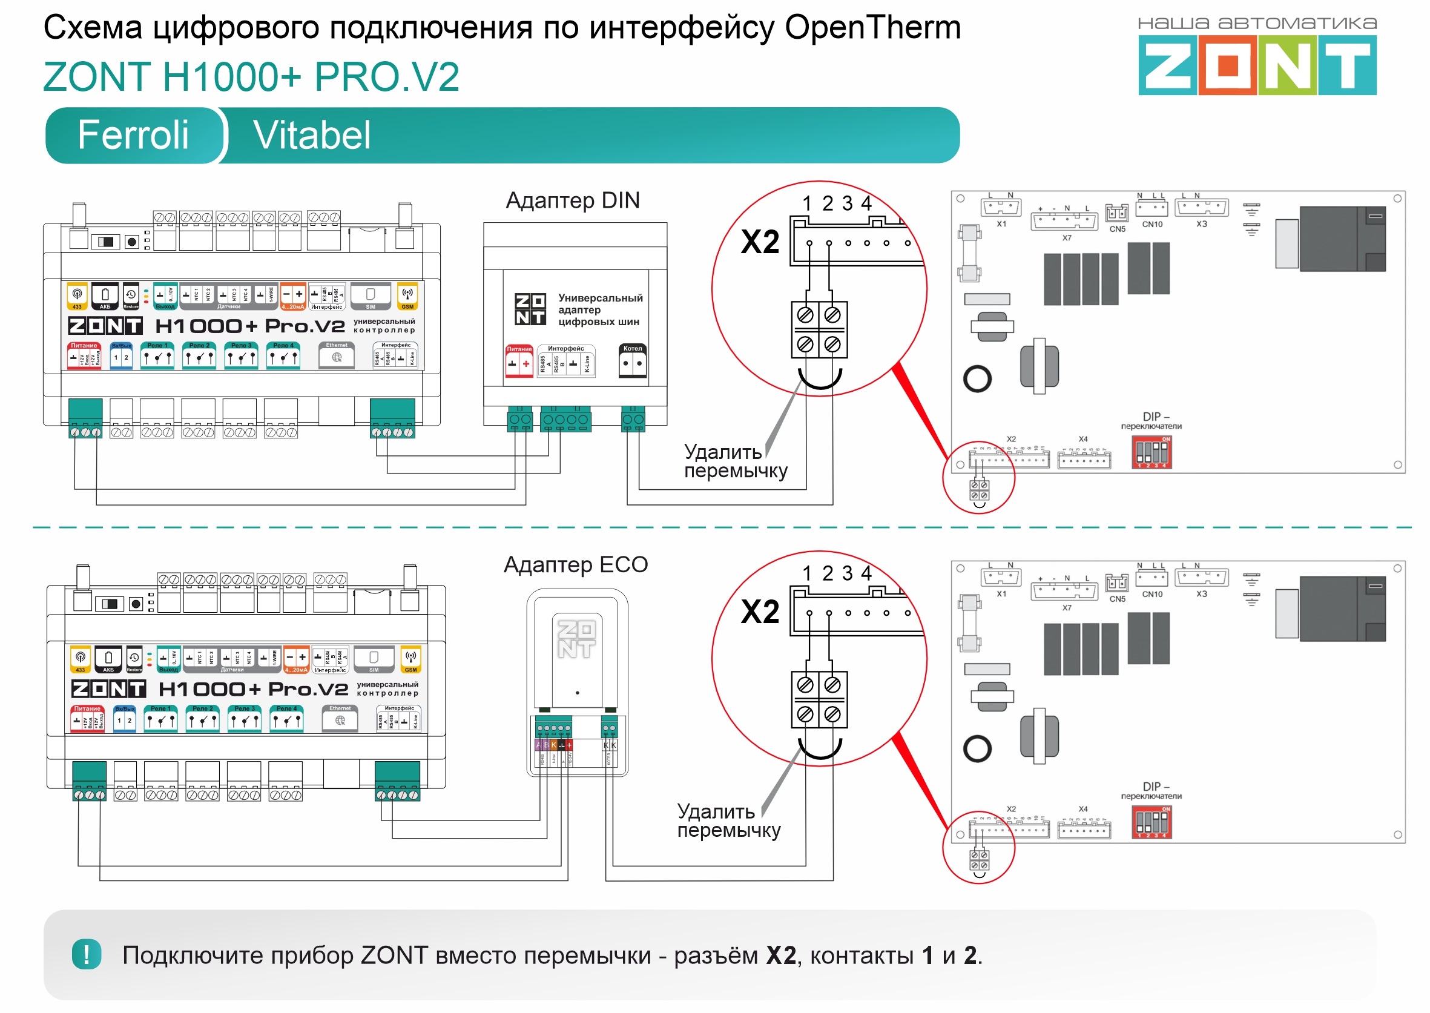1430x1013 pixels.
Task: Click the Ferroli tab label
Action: [x=133, y=136]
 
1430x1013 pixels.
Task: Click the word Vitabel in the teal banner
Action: [x=311, y=136]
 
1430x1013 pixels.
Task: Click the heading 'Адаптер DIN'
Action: [x=572, y=201]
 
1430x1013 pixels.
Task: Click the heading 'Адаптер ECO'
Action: [x=575, y=564]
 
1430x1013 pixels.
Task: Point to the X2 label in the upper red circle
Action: [x=760, y=242]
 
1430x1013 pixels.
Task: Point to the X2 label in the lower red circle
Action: [x=760, y=612]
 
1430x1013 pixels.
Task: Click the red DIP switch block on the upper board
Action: [x=1152, y=452]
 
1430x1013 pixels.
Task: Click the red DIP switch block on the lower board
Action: [x=1152, y=822]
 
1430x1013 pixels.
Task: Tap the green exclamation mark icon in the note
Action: [x=86, y=954]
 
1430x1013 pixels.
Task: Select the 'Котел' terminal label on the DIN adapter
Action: [x=633, y=349]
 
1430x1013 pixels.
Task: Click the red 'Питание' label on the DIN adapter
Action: [x=519, y=349]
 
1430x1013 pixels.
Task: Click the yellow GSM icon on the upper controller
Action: [x=407, y=296]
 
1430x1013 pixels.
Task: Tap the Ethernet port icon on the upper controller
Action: [x=337, y=357]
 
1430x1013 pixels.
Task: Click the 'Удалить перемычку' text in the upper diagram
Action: [x=734, y=461]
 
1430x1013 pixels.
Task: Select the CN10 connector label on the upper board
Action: [x=1152, y=225]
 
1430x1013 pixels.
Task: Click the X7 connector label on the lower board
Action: [x=1066, y=607]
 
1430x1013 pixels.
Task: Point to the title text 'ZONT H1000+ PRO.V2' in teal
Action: [x=251, y=78]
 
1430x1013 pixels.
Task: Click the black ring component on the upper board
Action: [x=977, y=378]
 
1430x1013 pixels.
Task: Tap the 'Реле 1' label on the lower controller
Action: [x=160, y=708]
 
